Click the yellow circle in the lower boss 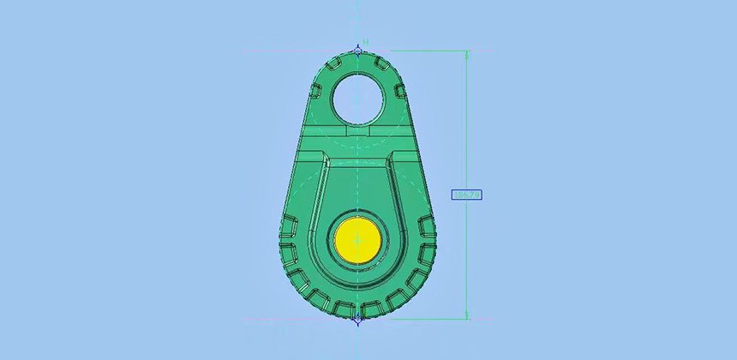click(357, 238)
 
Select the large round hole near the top click(357, 97)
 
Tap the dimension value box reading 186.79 click(466, 195)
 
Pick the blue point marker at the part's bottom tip click(357, 318)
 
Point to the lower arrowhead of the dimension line click(467, 315)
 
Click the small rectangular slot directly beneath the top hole click(357, 133)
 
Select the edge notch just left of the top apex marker click(340, 59)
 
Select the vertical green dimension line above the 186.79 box click(467, 120)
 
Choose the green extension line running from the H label click(420, 51)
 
